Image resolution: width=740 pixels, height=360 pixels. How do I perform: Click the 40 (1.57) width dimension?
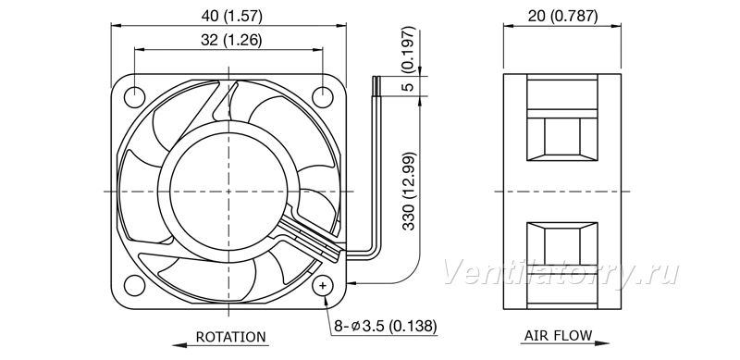tap(231, 16)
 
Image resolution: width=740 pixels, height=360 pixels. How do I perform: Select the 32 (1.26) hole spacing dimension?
tap(231, 40)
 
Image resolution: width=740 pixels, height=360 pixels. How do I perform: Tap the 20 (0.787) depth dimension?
tap(562, 16)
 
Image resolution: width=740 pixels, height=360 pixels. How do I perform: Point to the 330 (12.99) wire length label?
tap(409, 191)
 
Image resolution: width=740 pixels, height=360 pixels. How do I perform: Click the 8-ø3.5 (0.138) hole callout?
tap(386, 326)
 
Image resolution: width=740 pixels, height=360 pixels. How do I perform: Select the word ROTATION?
tap(230, 337)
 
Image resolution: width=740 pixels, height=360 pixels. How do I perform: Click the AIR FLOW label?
tap(558, 335)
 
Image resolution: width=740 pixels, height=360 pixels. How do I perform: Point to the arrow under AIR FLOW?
tap(566, 343)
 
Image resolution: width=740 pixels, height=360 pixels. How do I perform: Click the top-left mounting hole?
tap(134, 97)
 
